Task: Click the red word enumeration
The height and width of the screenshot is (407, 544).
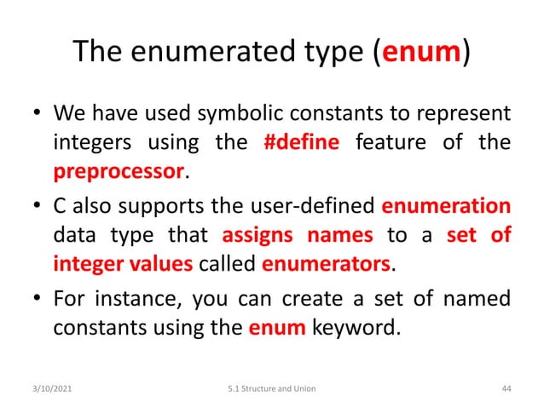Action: [x=446, y=206]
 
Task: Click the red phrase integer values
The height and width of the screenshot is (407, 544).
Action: [x=123, y=264]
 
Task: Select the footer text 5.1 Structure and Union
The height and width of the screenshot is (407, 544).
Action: [x=272, y=388]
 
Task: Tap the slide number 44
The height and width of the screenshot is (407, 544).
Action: [x=506, y=388]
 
